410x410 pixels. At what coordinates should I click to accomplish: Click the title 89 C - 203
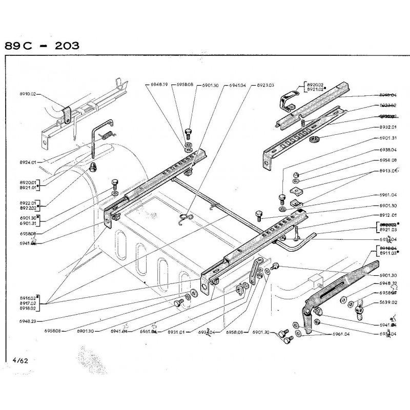42,45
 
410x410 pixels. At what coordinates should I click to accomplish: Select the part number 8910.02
27,94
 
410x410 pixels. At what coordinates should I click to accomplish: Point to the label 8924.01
27,162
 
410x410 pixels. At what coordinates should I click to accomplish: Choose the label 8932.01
388,127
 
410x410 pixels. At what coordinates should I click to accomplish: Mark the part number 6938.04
388,151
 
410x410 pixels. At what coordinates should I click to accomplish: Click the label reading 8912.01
388,216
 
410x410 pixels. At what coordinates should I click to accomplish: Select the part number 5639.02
388,303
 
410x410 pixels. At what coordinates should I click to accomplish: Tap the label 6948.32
388,283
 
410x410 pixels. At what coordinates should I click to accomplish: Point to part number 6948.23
27,321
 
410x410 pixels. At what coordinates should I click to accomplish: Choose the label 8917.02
27,303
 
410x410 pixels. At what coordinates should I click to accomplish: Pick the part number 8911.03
388,253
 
